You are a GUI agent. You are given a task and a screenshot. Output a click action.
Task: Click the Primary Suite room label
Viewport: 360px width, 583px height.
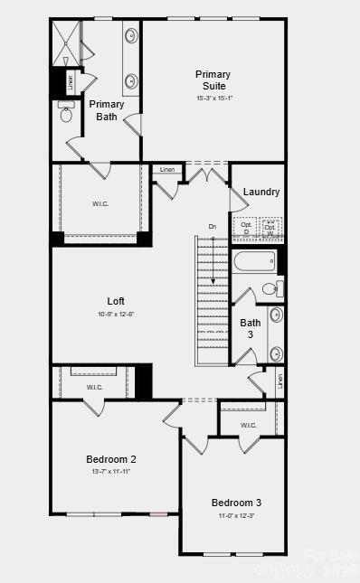tap(213, 80)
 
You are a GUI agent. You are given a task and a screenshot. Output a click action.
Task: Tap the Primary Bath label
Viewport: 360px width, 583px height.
tap(107, 110)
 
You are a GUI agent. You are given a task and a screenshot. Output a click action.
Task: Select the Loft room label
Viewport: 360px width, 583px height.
tap(115, 301)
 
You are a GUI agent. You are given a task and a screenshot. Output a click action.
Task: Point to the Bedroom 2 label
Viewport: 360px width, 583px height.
tap(111, 459)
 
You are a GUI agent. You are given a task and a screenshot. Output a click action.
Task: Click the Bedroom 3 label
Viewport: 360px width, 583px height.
tap(236, 503)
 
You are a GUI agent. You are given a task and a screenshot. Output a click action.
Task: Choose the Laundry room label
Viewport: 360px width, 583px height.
tap(261, 192)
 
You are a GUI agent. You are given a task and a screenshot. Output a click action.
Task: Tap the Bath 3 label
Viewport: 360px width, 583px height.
tap(251, 328)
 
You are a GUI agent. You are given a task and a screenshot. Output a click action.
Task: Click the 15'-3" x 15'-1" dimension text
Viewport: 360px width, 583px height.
tap(213, 99)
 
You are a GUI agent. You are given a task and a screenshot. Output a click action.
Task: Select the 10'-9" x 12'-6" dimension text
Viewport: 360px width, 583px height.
tap(115, 315)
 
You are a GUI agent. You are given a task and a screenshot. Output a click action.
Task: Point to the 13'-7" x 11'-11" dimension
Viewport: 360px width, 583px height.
tap(111, 472)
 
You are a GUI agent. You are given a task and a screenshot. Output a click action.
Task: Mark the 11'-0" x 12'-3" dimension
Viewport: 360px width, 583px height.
tap(236, 516)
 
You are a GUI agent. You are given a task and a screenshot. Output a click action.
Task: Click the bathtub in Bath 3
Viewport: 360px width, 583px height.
tap(255, 262)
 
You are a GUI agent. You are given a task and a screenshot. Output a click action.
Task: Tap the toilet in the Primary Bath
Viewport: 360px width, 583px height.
tap(65, 115)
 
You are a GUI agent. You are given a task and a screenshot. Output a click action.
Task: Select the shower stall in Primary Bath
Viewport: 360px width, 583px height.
tap(66, 42)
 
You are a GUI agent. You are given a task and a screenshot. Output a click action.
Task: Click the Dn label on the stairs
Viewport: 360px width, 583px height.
tap(213, 226)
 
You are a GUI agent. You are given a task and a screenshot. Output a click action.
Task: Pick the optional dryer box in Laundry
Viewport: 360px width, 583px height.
tap(245, 229)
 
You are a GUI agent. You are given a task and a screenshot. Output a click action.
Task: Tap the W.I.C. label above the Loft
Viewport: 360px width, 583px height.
tap(100, 203)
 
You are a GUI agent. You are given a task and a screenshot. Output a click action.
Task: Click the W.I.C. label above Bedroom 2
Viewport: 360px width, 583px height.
tap(95, 388)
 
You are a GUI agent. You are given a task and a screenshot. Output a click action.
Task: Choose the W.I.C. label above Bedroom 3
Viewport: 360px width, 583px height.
tap(249, 425)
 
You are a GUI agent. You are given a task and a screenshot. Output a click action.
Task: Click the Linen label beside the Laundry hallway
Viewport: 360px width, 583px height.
tap(167, 170)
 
